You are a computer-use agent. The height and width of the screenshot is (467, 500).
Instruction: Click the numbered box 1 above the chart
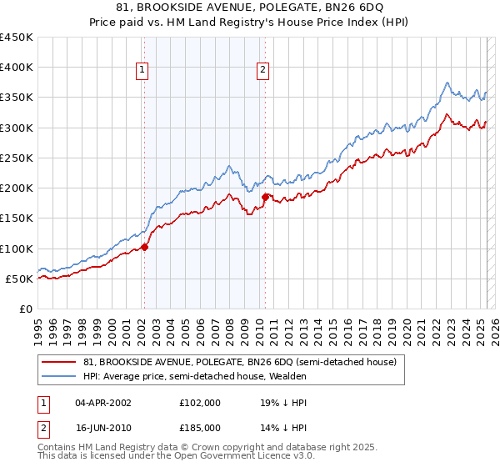tap(143, 71)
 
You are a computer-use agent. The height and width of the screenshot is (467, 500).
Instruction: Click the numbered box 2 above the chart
tap(262, 71)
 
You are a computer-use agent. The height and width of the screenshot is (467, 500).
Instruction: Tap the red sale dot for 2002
tap(144, 247)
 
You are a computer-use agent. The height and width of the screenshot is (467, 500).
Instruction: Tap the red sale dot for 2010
tap(265, 197)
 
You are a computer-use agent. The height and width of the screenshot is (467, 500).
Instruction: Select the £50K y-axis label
tap(19, 279)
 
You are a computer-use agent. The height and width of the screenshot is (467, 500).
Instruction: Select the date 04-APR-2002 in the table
tap(103, 402)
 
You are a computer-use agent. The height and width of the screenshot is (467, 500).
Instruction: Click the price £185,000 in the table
tap(200, 427)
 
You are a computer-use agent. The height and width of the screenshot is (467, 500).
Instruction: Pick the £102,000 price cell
tap(200, 402)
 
